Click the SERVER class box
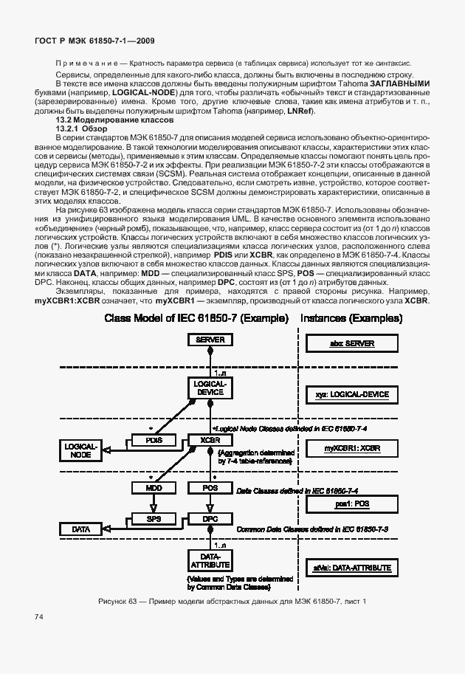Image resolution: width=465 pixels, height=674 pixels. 210,340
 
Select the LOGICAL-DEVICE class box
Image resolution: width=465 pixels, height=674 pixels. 210,388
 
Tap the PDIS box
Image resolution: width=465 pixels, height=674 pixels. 154,441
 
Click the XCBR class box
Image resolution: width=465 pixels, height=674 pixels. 210,441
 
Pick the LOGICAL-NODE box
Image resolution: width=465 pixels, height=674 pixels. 81,450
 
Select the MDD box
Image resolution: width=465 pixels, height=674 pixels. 154,488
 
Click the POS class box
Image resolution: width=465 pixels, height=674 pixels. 210,488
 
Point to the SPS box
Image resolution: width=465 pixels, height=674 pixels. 154,518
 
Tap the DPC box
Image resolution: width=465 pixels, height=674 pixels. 210,518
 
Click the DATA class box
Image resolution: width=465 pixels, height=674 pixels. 81,529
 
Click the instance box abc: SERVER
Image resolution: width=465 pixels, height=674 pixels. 352,344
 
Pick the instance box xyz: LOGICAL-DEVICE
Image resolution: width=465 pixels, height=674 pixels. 352,395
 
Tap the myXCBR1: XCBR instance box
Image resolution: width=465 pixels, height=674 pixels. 352,448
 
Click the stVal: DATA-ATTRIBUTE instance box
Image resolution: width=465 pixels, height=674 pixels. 352,568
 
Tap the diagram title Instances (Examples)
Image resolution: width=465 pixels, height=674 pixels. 351,318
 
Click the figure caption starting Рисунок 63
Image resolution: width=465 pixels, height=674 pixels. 232,602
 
